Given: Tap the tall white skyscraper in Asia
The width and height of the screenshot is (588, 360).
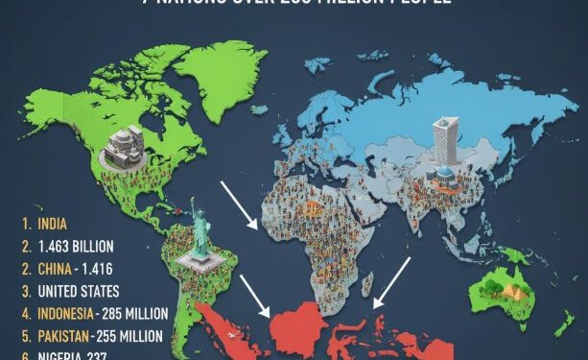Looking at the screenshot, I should point(445,141).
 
